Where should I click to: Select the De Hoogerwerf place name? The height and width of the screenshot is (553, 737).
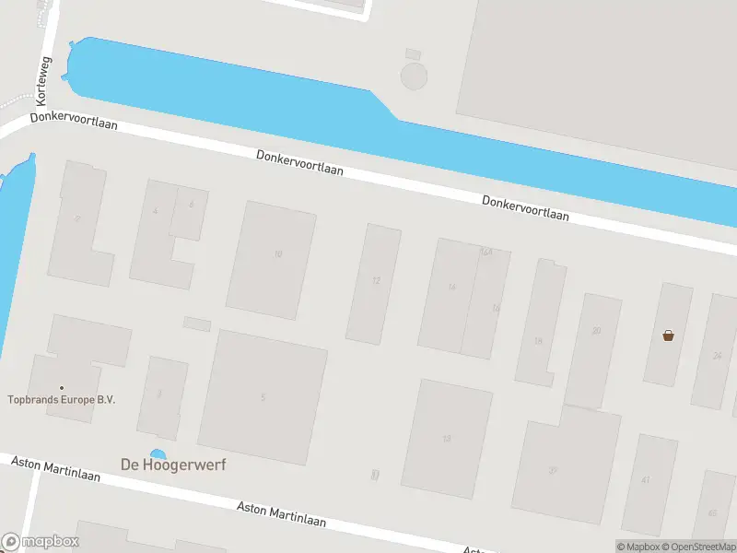pyautogui.click(x=173, y=465)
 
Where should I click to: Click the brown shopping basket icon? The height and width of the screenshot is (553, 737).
pyautogui.click(x=668, y=335)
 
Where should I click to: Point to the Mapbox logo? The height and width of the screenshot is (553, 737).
pyautogui.click(x=41, y=542)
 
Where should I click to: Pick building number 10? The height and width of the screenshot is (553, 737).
pyautogui.click(x=277, y=253)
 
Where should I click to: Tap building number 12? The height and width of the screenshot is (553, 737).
pyautogui.click(x=376, y=280)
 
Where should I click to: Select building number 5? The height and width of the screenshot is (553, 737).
pyautogui.click(x=263, y=397)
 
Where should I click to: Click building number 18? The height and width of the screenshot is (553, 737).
pyautogui.click(x=538, y=341)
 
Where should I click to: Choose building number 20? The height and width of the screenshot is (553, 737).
pyautogui.click(x=596, y=330)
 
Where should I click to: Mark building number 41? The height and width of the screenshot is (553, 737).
pyautogui.click(x=646, y=479)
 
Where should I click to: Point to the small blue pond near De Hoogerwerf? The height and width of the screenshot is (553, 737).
pyautogui.click(x=158, y=453)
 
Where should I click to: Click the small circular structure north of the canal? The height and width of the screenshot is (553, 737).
pyautogui.click(x=415, y=76)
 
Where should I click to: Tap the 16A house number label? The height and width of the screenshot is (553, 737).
pyautogui.click(x=485, y=251)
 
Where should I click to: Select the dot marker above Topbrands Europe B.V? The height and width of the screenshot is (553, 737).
pyautogui.click(x=62, y=387)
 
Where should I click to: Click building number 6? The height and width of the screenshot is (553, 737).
pyautogui.click(x=191, y=205)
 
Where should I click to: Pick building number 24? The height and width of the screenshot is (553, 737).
pyautogui.click(x=716, y=355)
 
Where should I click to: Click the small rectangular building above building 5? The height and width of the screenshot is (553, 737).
pyautogui.click(x=197, y=324)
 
